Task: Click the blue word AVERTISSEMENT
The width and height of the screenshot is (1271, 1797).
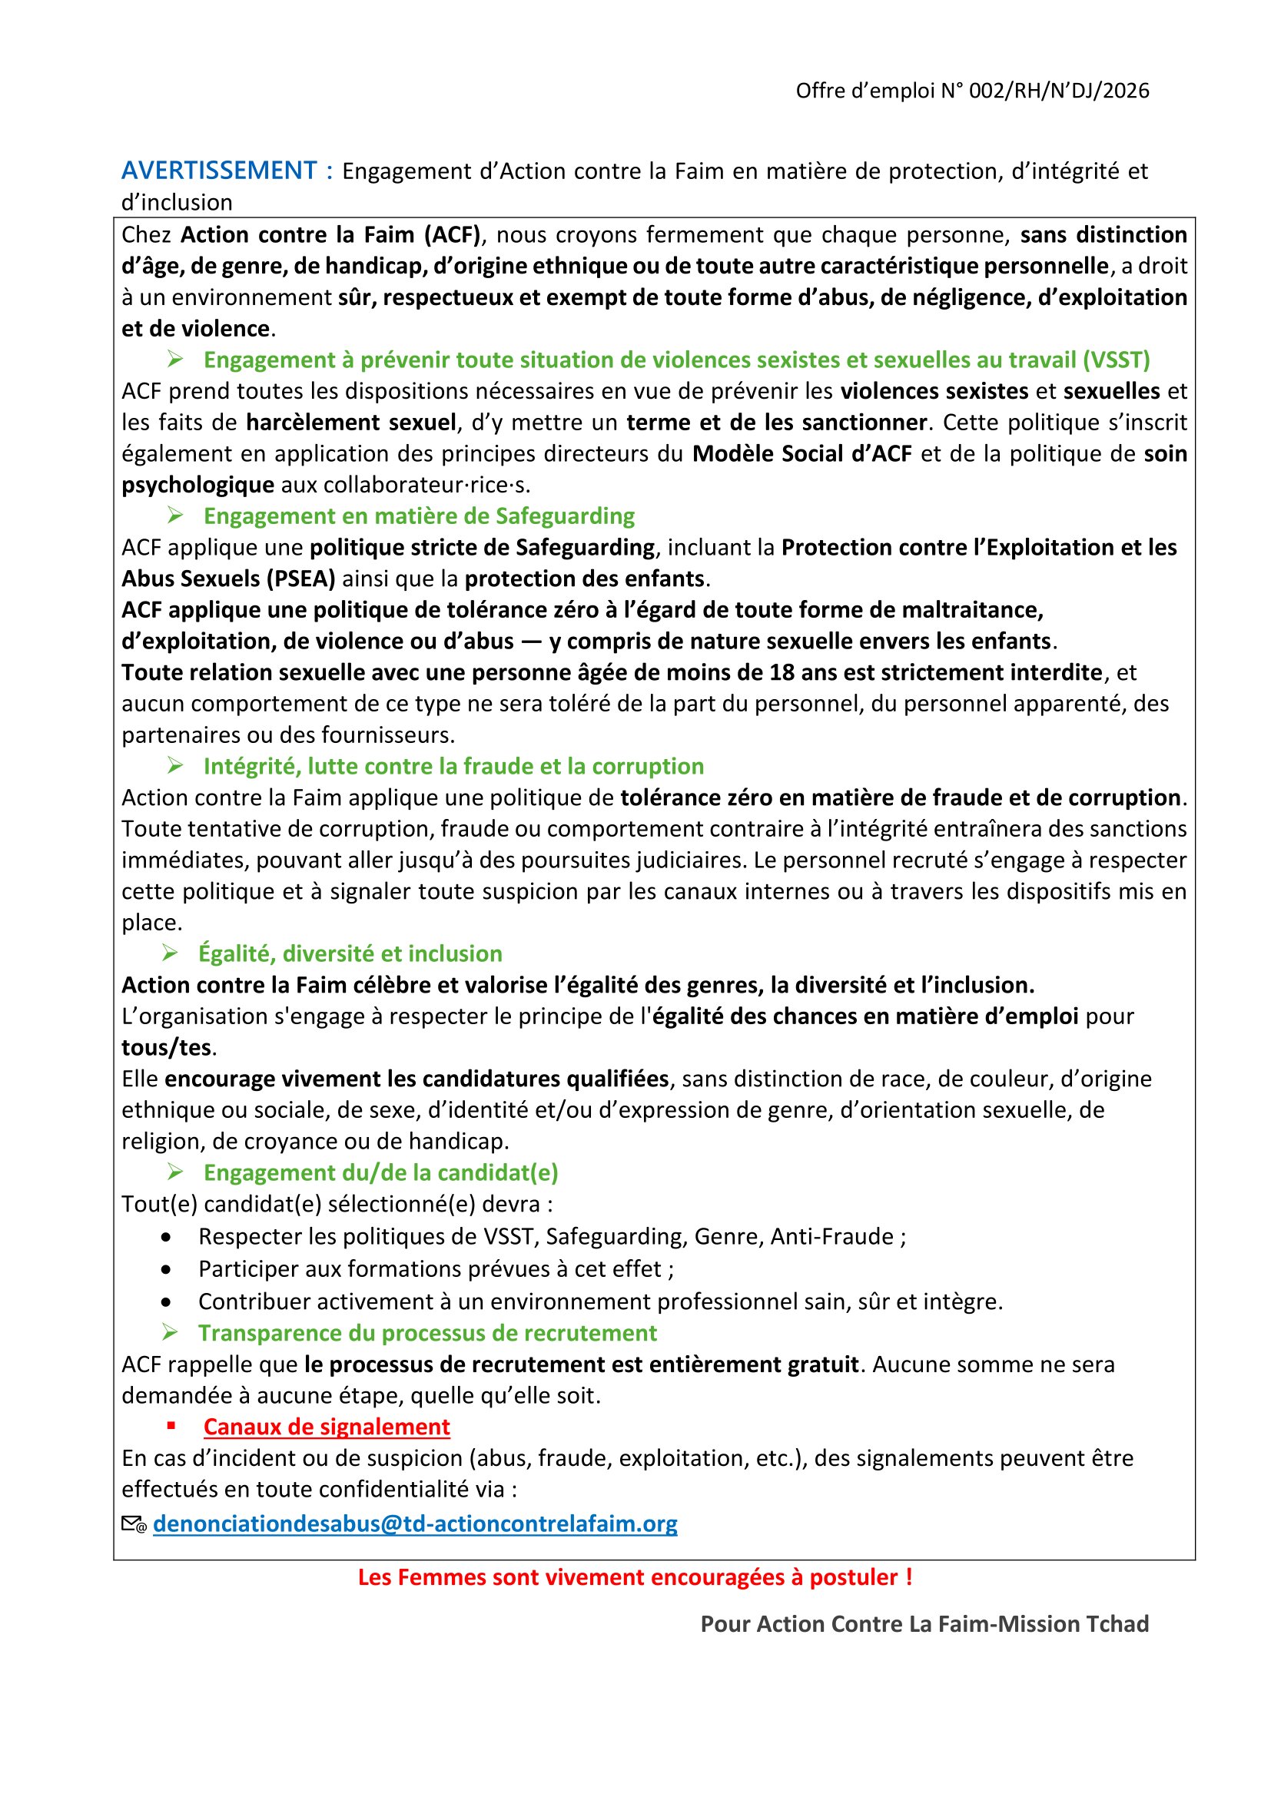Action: point(218,171)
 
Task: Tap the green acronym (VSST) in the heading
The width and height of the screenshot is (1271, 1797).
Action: point(1116,360)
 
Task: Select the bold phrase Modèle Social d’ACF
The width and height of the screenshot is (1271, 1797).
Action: point(801,454)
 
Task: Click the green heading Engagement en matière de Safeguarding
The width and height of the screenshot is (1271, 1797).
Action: point(419,516)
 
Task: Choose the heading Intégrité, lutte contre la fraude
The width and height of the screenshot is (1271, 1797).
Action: point(453,766)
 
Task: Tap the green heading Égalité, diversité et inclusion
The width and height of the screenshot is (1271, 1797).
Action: point(350,954)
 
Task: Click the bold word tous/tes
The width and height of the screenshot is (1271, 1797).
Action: point(167,1048)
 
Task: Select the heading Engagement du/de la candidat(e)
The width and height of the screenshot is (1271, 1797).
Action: point(380,1173)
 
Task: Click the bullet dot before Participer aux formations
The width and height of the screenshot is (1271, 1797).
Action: point(166,1269)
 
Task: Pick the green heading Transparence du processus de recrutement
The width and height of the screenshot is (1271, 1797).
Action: point(427,1333)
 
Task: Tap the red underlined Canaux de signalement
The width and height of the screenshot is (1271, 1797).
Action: point(327,1427)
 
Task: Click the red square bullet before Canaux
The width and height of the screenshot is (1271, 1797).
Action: point(171,1427)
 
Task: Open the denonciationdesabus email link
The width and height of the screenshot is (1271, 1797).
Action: point(415,1523)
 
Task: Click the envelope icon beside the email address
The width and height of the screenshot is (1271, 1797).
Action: point(134,1524)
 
